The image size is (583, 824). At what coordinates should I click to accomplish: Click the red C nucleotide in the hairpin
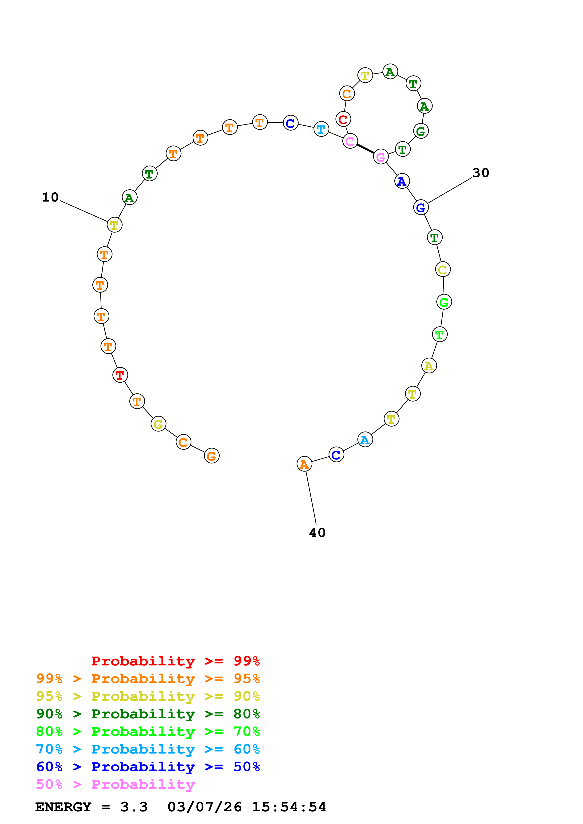(x=343, y=119)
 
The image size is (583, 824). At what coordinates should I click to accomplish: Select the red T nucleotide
(x=120, y=375)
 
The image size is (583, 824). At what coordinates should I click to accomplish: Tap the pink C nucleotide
(x=350, y=141)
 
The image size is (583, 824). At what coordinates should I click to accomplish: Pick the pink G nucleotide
(x=381, y=157)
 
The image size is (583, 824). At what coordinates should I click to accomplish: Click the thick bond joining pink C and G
(x=365, y=149)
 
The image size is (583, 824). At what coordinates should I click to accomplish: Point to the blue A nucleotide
(x=402, y=181)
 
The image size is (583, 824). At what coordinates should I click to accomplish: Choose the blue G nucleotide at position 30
(x=421, y=207)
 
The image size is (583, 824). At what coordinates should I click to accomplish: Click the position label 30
(x=481, y=173)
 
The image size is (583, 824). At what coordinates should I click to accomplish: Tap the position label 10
(x=50, y=197)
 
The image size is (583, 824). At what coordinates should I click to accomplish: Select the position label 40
(x=317, y=532)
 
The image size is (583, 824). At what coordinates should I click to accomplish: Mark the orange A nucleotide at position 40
(x=304, y=464)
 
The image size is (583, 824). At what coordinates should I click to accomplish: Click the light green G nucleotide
(x=444, y=302)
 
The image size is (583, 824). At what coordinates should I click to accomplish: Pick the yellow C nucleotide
(x=443, y=269)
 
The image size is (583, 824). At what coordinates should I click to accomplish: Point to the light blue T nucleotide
(x=321, y=129)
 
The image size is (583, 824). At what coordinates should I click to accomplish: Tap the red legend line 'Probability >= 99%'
(x=175, y=661)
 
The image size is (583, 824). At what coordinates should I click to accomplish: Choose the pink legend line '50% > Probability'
(x=115, y=785)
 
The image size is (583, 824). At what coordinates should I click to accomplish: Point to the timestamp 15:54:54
(x=289, y=807)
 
